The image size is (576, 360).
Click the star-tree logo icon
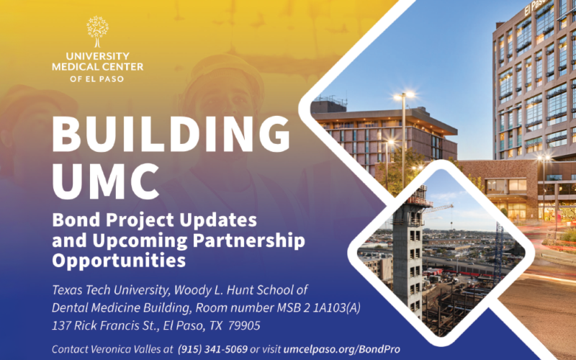click(x=97, y=32)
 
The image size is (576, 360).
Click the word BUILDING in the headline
click(x=171, y=134)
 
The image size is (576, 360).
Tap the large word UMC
click(x=106, y=181)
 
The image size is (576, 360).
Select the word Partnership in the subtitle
click(x=248, y=240)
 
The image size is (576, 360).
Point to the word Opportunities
click(x=119, y=261)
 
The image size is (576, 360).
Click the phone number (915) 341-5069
click(x=212, y=349)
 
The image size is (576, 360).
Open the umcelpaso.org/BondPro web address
click(x=341, y=349)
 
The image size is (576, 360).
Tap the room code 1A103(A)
click(x=336, y=308)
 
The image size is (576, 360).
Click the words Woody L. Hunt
click(x=213, y=290)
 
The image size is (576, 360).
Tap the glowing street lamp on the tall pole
click(x=404, y=96)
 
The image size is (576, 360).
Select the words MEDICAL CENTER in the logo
click(x=97, y=67)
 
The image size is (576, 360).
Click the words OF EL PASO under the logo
click(x=97, y=79)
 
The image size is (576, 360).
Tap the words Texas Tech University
click(x=111, y=290)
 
